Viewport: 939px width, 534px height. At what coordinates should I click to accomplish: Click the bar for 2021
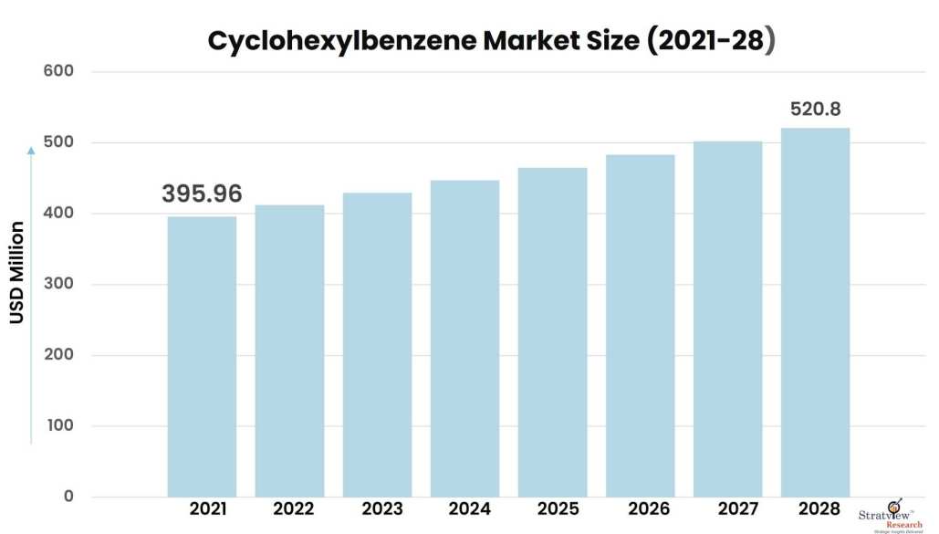pos(202,356)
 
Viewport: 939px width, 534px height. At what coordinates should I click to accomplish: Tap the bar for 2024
pos(464,338)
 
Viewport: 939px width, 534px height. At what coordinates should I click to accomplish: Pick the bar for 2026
pos(640,325)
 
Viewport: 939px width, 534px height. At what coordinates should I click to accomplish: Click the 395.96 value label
pos(202,194)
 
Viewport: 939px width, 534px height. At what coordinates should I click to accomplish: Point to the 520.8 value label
pos(815,110)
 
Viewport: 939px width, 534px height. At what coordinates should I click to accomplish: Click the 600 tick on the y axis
pos(57,71)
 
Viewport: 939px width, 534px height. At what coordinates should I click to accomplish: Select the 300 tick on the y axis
pos(57,284)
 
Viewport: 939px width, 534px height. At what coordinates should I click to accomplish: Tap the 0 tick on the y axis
pos(68,497)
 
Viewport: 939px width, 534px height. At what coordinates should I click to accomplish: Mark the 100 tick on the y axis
pos(57,425)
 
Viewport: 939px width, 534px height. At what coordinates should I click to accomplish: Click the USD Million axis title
pos(17,271)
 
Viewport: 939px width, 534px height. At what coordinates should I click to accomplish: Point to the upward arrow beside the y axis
pos(31,292)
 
